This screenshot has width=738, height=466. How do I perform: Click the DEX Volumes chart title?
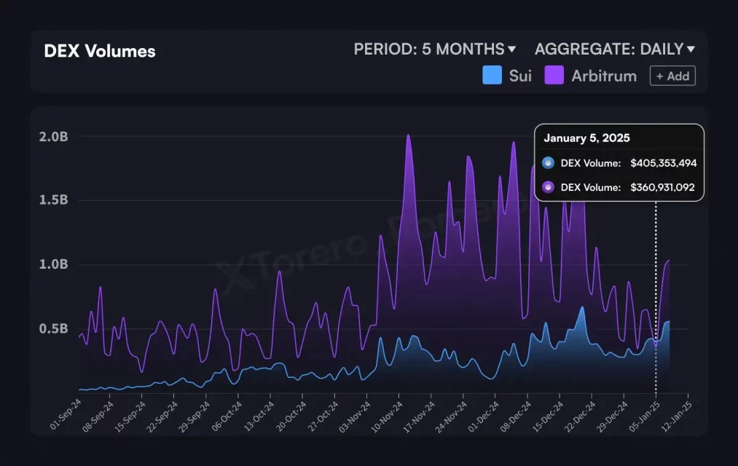pos(99,51)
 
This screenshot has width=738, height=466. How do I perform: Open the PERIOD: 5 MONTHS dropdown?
pos(435,50)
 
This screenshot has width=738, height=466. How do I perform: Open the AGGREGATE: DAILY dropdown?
pos(614,50)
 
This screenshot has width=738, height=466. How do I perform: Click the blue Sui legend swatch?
pos(492,75)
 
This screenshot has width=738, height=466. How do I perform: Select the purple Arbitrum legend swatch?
pos(554,75)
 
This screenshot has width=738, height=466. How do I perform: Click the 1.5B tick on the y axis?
pos(53,200)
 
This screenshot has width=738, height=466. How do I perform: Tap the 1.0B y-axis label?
pos(53,264)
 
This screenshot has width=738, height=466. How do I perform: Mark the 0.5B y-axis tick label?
pos(53,328)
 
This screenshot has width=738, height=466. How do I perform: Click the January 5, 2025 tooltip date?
pos(586,138)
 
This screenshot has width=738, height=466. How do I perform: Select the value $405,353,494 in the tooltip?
pos(663,163)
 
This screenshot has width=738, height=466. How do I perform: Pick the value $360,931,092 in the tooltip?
pos(662,187)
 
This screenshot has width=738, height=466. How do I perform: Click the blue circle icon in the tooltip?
pos(548,163)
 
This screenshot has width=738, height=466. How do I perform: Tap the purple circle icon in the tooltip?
pos(548,187)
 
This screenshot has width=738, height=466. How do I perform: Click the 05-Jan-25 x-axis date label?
pos(644,414)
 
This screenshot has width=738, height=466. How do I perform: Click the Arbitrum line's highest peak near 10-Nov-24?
pos(408,135)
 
